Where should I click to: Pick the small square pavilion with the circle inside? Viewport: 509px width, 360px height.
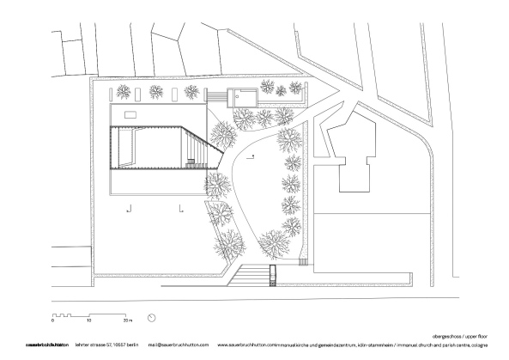(242, 96)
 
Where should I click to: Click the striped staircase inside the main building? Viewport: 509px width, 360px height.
(197, 151)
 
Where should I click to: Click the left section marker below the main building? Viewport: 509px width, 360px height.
(129, 207)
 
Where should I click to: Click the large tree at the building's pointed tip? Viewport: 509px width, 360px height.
(223, 137)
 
